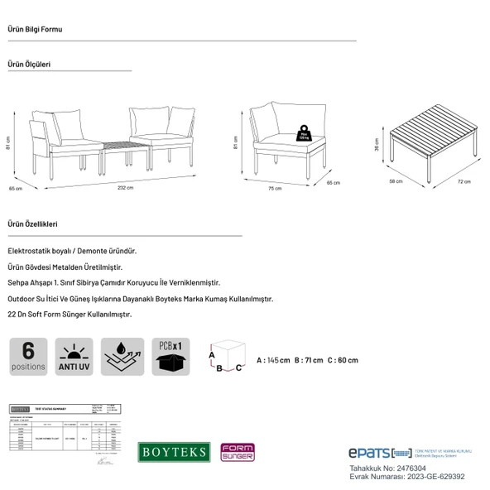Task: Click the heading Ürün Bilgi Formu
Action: (x=34, y=30)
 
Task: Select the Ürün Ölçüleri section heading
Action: (x=30, y=63)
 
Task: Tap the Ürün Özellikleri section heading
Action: (x=33, y=224)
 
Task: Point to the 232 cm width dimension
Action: (x=125, y=187)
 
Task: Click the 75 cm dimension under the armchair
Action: (x=274, y=189)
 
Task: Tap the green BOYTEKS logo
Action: (x=172, y=451)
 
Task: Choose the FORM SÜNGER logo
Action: (x=237, y=452)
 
